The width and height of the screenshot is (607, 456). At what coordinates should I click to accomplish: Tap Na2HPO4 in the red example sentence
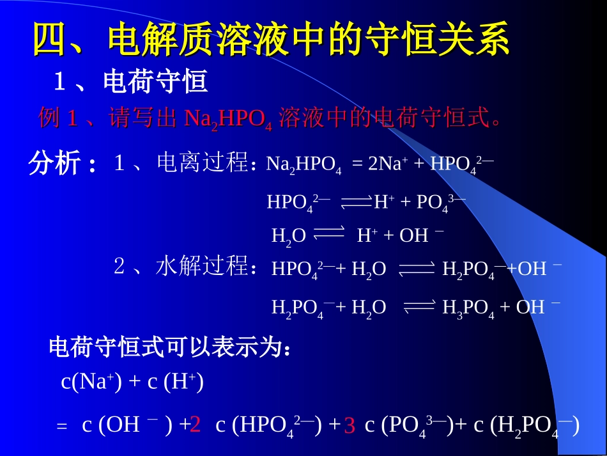(x=228, y=119)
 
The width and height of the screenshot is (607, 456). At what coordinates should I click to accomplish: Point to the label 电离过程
(x=202, y=164)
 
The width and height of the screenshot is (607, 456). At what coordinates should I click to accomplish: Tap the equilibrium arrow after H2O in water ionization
(x=330, y=233)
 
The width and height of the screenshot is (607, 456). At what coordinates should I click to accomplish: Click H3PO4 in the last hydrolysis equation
(x=468, y=308)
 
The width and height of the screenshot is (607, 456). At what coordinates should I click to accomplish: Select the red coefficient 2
(x=196, y=424)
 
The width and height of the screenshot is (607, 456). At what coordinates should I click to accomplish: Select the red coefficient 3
(x=350, y=425)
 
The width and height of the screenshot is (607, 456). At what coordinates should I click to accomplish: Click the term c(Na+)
(x=92, y=382)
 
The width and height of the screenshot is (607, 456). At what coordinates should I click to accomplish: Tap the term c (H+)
(x=176, y=382)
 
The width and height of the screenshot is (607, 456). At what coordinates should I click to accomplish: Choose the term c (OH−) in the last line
(x=128, y=425)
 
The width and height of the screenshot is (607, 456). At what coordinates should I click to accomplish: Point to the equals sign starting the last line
(x=62, y=427)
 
